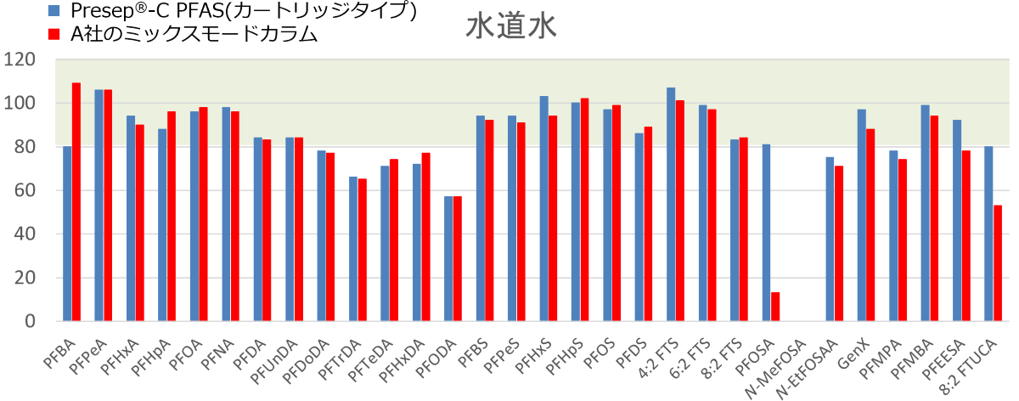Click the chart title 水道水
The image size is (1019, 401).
click(x=510, y=26)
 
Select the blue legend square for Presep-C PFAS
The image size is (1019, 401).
click(x=53, y=10)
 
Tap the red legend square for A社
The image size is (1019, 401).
click(x=53, y=35)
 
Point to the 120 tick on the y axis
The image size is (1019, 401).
click(x=20, y=59)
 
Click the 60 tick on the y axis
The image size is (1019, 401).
click(x=25, y=190)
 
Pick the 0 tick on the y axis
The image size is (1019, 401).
click(x=30, y=321)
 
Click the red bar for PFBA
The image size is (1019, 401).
click(x=76, y=201)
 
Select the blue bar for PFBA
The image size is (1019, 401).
click(x=67, y=234)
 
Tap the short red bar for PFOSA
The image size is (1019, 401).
click(x=775, y=307)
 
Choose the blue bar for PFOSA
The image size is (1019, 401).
click(x=766, y=233)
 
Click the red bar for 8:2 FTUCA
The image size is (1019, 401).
click(x=998, y=263)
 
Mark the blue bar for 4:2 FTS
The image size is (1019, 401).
click(x=671, y=205)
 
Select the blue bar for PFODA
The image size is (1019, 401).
click(x=448, y=258)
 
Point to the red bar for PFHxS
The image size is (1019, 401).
click(x=553, y=218)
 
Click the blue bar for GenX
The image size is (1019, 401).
click(x=862, y=215)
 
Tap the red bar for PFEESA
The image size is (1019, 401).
click(x=966, y=236)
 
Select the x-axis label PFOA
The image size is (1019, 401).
click(x=186, y=355)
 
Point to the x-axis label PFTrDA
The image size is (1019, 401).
click(x=339, y=359)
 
